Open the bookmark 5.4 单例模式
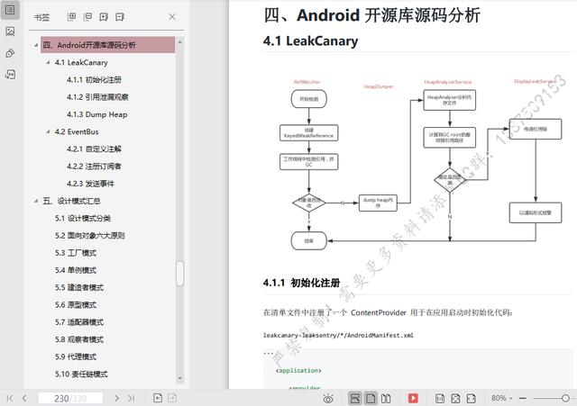76,270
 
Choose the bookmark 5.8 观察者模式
79,339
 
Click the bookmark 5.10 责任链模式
81,374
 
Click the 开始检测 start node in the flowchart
308,99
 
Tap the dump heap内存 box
378,203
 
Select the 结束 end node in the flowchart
308,240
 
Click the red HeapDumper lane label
378,87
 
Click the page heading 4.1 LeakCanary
310,41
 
